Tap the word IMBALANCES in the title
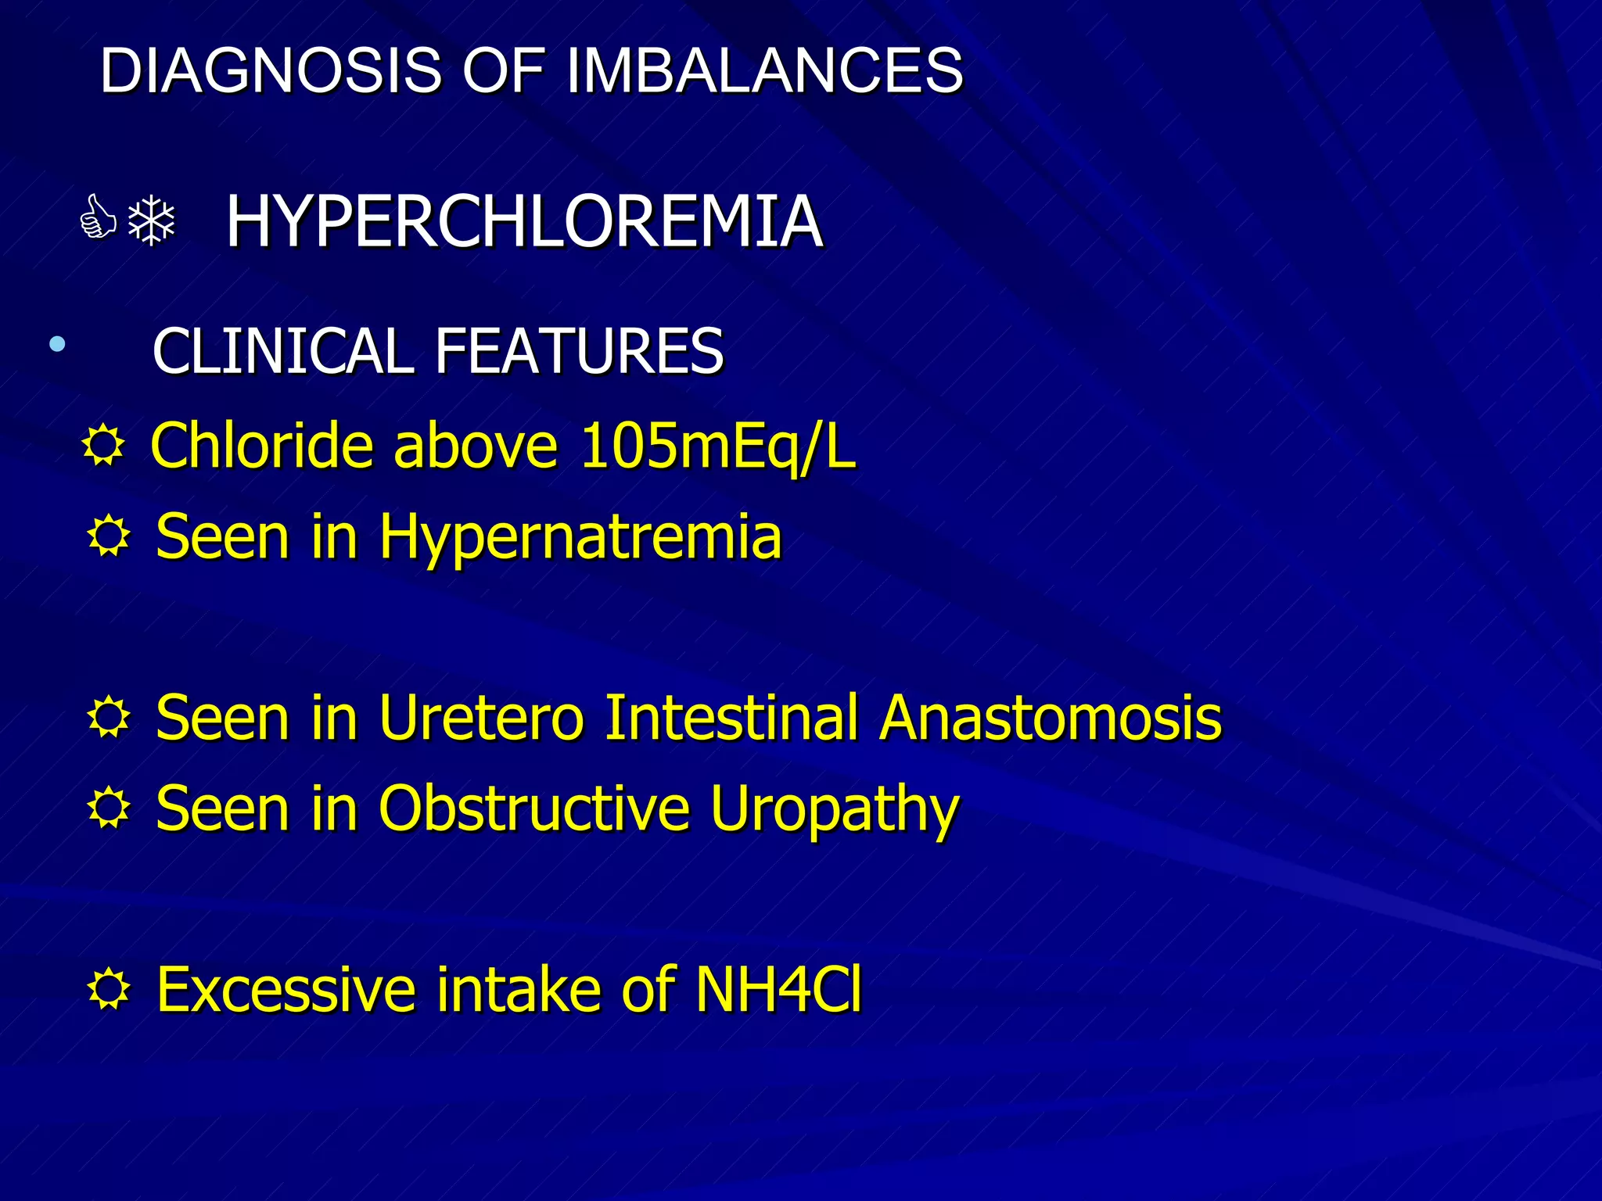point(764,70)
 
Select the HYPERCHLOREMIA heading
point(524,222)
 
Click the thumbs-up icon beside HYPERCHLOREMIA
point(99,218)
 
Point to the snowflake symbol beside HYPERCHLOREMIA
point(152,222)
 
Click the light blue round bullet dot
point(56,343)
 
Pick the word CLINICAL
point(282,351)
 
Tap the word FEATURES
point(579,351)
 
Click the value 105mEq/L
point(718,446)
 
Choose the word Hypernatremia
point(580,538)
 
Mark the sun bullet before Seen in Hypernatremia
point(109,538)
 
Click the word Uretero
point(481,718)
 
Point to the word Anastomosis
point(1050,718)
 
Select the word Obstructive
point(533,808)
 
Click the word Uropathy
point(834,810)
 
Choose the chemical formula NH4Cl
point(778,990)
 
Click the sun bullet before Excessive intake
point(109,990)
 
